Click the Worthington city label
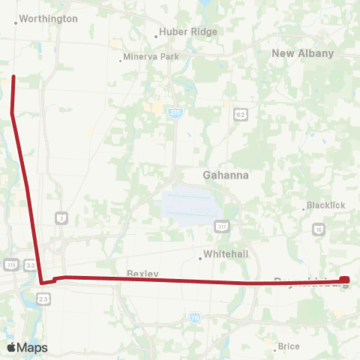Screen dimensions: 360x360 pyautogui.click(x=48, y=19)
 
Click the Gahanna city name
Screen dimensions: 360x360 pyautogui.click(x=226, y=175)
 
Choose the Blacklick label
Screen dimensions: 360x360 pyautogui.click(x=325, y=206)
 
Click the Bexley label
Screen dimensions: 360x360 pyautogui.click(x=142, y=274)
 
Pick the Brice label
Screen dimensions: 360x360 pyautogui.click(x=289, y=346)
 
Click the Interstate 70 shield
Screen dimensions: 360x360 pyautogui.click(x=194, y=318)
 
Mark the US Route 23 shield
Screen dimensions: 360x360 pyautogui.click(x=43, y=299)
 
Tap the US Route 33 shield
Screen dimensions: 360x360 pyautogui.click(x=29, y=265)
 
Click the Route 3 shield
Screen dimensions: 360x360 pyautogui.click(x=61, y=218)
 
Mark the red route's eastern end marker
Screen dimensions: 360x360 pyautogui.click(x=344, y=280)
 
